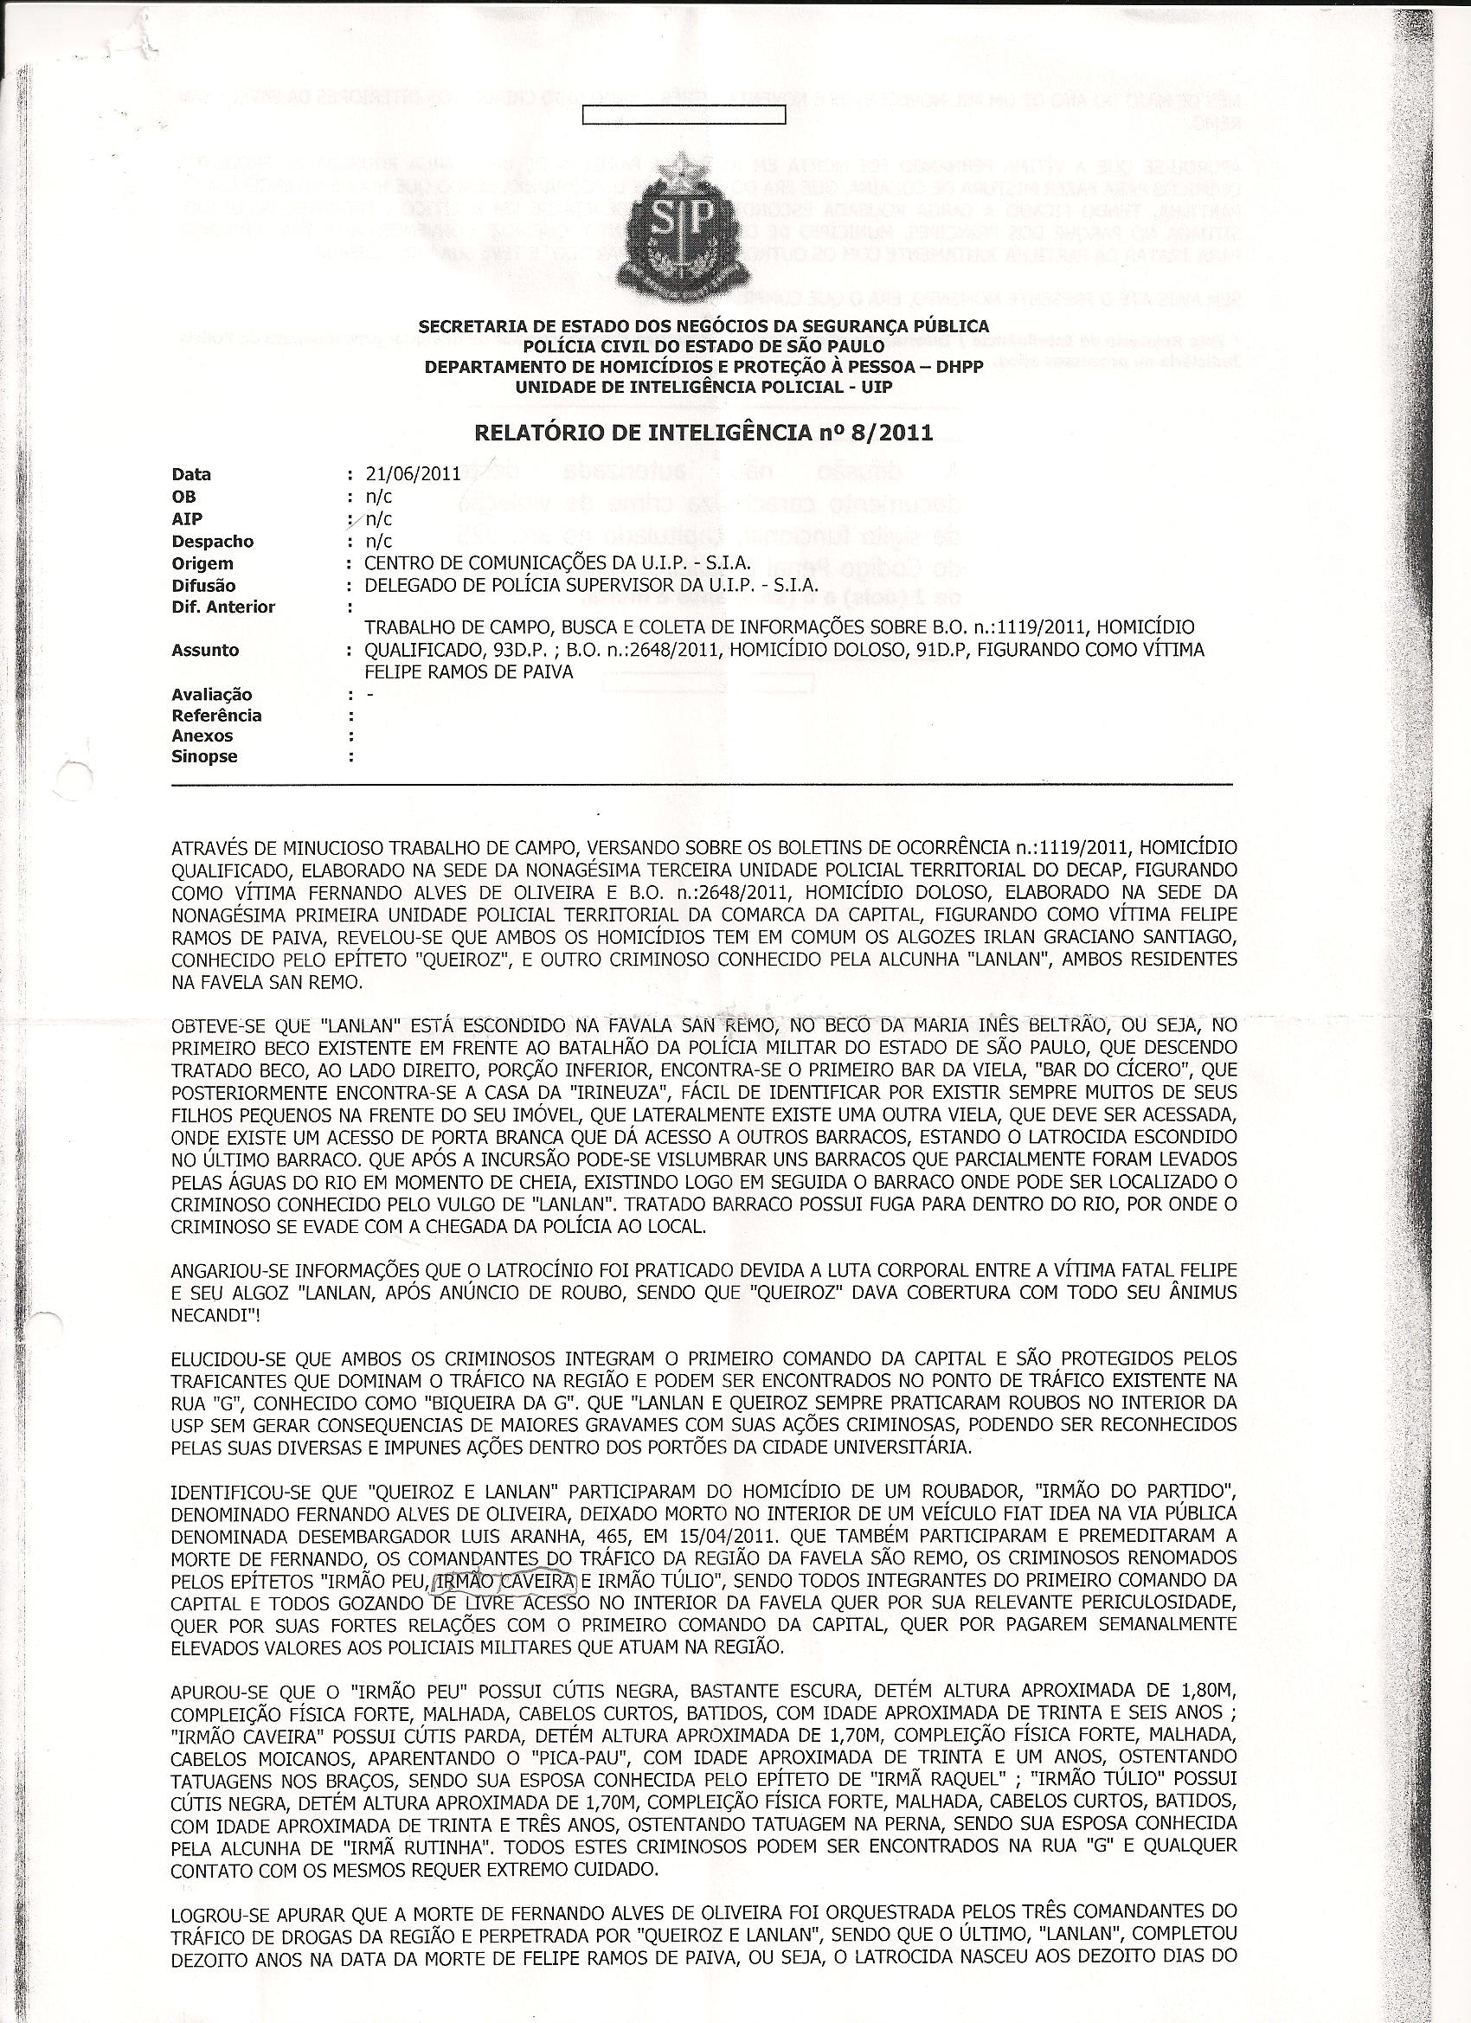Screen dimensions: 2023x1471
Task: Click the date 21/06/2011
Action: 412,474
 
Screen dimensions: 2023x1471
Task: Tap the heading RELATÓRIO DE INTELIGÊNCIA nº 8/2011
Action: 691,434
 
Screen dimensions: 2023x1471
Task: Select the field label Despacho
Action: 212,542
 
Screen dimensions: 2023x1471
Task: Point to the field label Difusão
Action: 203,586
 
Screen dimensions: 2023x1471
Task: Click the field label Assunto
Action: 205,651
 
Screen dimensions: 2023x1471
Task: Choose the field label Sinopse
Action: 204,756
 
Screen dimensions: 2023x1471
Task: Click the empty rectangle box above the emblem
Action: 684,115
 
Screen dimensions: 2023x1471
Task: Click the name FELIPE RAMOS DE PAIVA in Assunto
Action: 468,671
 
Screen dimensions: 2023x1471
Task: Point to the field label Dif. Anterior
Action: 223,607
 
